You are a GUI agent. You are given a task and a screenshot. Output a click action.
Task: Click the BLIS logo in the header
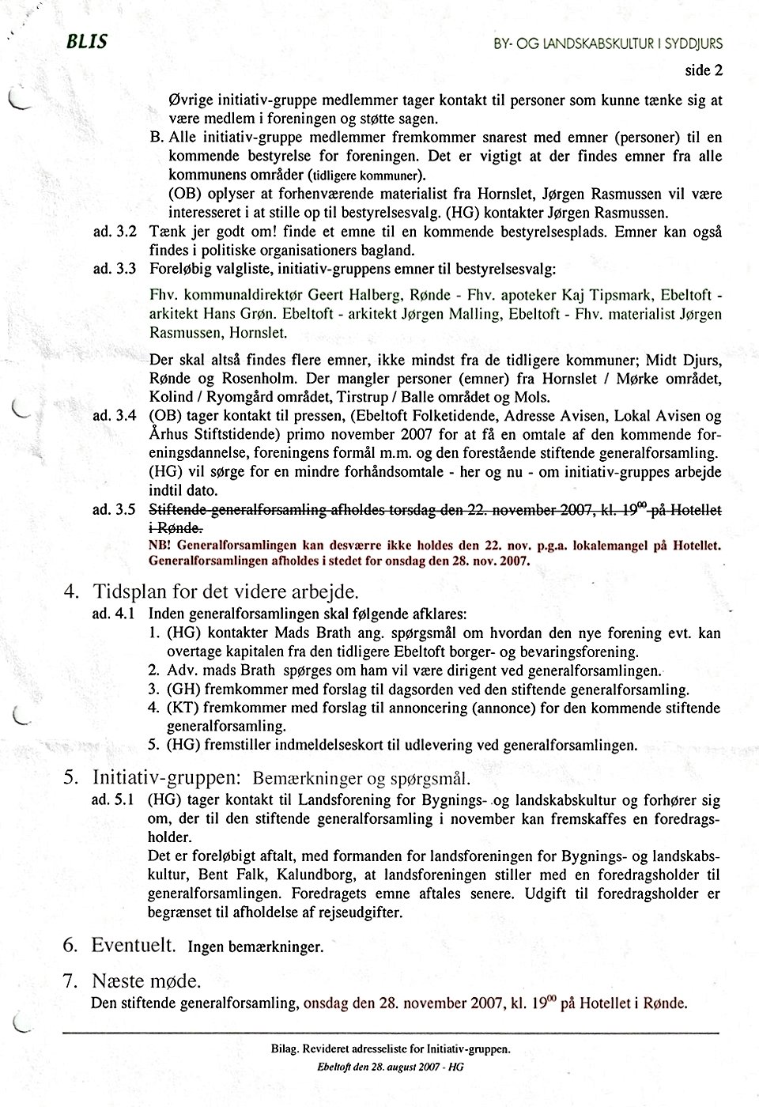(87, 42)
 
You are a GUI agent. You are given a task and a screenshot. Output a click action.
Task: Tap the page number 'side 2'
(704, 70)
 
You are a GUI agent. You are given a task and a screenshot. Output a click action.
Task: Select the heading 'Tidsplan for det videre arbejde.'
(225, 591)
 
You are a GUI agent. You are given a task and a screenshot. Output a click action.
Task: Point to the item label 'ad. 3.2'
(115, 232)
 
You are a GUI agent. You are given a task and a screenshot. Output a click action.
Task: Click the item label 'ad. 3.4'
(115, 416)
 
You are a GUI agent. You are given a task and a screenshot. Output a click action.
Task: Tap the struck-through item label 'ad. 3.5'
(115, 510)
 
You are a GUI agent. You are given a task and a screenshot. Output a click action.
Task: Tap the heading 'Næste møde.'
(146, 981)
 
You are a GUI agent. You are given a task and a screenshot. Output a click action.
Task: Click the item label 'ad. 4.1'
(115, 613)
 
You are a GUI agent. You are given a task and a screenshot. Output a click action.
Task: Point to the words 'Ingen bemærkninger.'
(255, 946)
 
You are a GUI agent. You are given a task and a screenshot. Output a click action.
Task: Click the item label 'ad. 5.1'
(115, 800)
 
